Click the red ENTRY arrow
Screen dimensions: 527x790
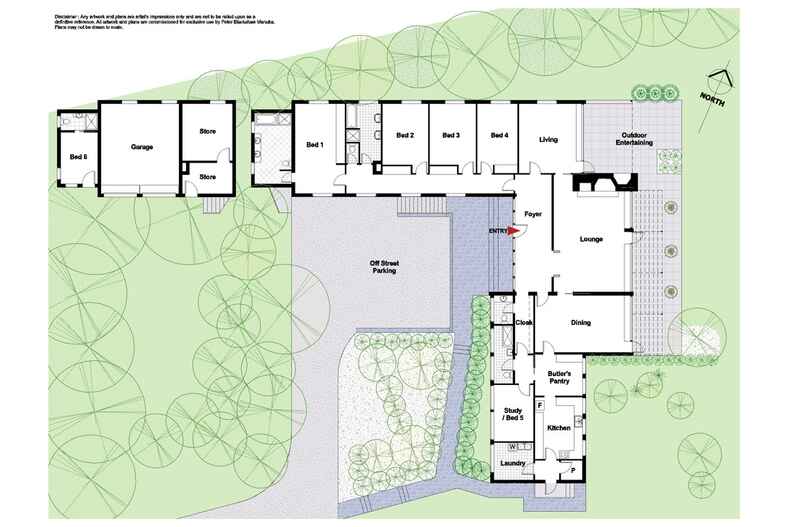[514, 231]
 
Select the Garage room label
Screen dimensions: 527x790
[141, 147]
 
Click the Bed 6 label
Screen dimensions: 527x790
[78, 157]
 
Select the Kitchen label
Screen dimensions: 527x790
[558, 428]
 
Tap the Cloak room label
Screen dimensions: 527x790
[523, 322]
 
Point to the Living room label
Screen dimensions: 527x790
[548, 139]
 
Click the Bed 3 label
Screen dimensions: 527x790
[451, 135]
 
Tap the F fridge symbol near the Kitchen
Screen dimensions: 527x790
[540, 406]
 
